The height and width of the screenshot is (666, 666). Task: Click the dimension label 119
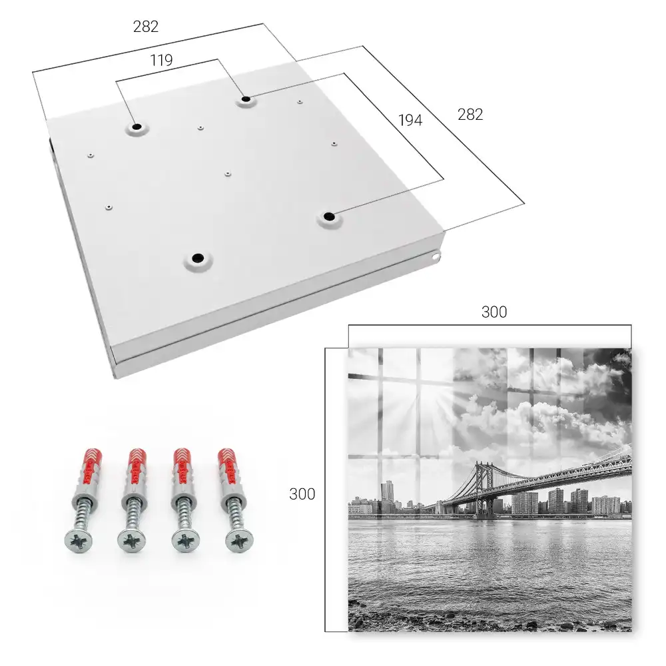pyautogui.click(x=161, y=61)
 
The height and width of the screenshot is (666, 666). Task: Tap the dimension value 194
pyautogui.click(x=410, y=121)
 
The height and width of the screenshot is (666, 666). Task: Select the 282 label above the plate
pyautogui.click(x=146, y=27)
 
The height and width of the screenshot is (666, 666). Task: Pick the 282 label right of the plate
pyautogui.click(x=470, y=115)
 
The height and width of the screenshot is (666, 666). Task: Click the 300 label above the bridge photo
pyautogui.click(x=494, y=312)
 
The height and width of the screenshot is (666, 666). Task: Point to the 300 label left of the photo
pyautogui.click(x=302, y=494)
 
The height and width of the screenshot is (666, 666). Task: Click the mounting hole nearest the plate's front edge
pyautogui.click(x=198, y=258)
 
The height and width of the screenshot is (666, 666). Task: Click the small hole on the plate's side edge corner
pyautogui.click(x=436, y=256)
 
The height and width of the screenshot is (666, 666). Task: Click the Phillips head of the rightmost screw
pyautogui.click(x=240, y=541)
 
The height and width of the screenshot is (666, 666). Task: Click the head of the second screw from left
pyautogui.click(x=131, y=541)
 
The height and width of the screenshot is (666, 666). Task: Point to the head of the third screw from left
pyautogui.click(x=186, y=541)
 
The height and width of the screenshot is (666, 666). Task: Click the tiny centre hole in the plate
pyautogui.click(x=228, y=174)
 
